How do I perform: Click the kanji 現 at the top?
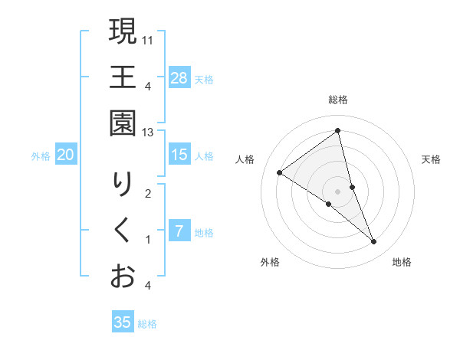pos(123,32)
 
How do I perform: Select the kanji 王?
pos(123,78)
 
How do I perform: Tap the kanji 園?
pos(123,124)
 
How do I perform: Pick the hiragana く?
pos(123,231)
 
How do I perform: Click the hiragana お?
pos(123,276)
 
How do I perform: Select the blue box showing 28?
pos(179,77)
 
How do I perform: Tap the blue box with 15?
pos(179,155)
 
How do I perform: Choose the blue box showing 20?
pos(66,155)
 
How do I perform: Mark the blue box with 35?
pos(123,322)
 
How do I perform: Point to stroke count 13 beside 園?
pos(149,133)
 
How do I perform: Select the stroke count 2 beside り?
pos(148,193)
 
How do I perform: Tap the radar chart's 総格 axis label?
pos(338,100)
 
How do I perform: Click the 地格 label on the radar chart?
pos(402,262)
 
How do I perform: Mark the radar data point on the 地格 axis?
pos(374,242)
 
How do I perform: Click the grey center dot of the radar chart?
pos(338,191)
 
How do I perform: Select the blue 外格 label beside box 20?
pos(41,156)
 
